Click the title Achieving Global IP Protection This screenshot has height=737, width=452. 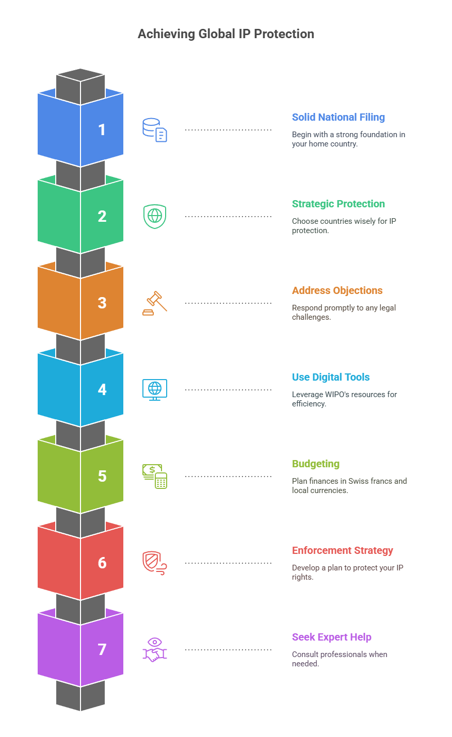pyautogui.click(x=226, y=34)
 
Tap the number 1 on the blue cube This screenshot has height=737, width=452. pyautogui.click(x=102, y=129)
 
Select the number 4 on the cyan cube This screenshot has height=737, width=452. pyautogui.click(x=102, y=389)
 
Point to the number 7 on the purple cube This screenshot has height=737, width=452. pyautogui.click(x=102, y=649)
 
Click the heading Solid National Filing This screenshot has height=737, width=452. pyautogui.click(x=338, y=117)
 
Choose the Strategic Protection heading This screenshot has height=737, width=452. pyautogui.click(x=338, y=204)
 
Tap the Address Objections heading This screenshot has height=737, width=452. pyautogui.click(x=337, y=290)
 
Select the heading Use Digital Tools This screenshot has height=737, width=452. pyautogui.click(x=331, y=377)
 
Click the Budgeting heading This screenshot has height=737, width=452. pyautogui.click(x=316, y=464)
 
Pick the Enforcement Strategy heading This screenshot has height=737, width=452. pyautogui.click(x=343, y=550)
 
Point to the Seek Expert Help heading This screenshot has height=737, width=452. pyautogui.click(x=331, y=637)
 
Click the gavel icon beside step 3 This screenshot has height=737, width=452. pyautogui.click(x=155, y=303)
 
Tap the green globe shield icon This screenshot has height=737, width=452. pyautogui.click(x=155, y=217)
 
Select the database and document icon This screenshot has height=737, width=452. pyautogui.click(x=155, y=130)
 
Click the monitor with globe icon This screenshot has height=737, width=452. pyautogui.click(x=155, y=390)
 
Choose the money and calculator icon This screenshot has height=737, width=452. pyautogui.click(x=155, y=477)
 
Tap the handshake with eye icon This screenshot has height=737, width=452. pyautogui.click(x=155, y=650)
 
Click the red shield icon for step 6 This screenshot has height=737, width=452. pyautogui.click(x=155, y=563)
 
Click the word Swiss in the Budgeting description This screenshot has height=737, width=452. pyautogui.click(x=358, y=481)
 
